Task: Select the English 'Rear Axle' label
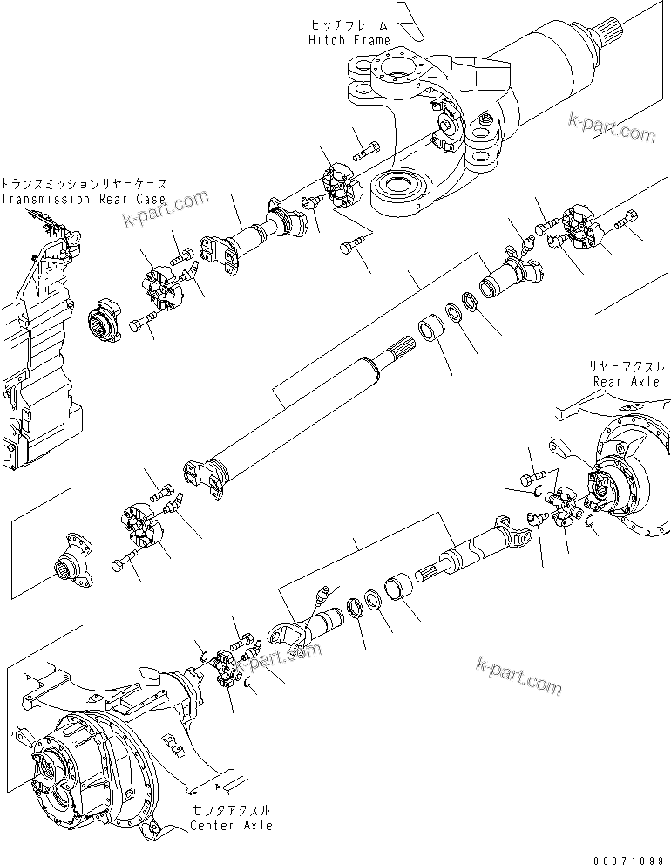(626, 382)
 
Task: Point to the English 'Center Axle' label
(232, 825)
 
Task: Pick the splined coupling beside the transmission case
(107, 321)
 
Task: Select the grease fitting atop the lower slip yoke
(322, 596)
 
